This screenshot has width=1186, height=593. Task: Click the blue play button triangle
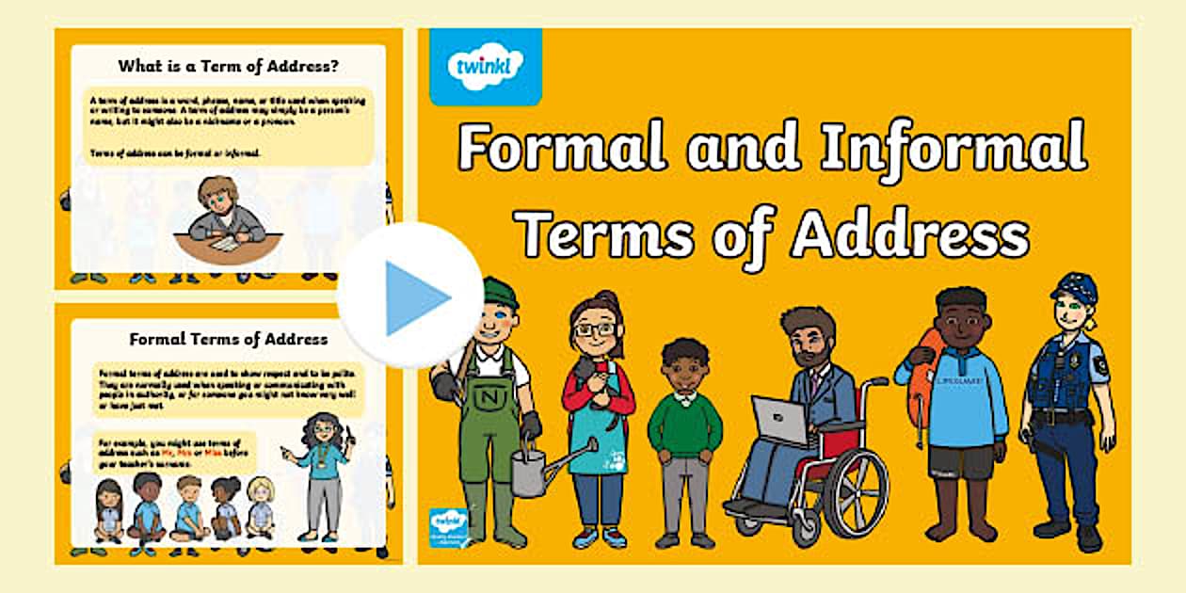point(414,297)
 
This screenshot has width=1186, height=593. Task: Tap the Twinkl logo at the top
point(485,66)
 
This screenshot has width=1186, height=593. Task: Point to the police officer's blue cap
point(1075,287)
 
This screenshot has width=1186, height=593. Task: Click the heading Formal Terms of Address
point(228,339)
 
